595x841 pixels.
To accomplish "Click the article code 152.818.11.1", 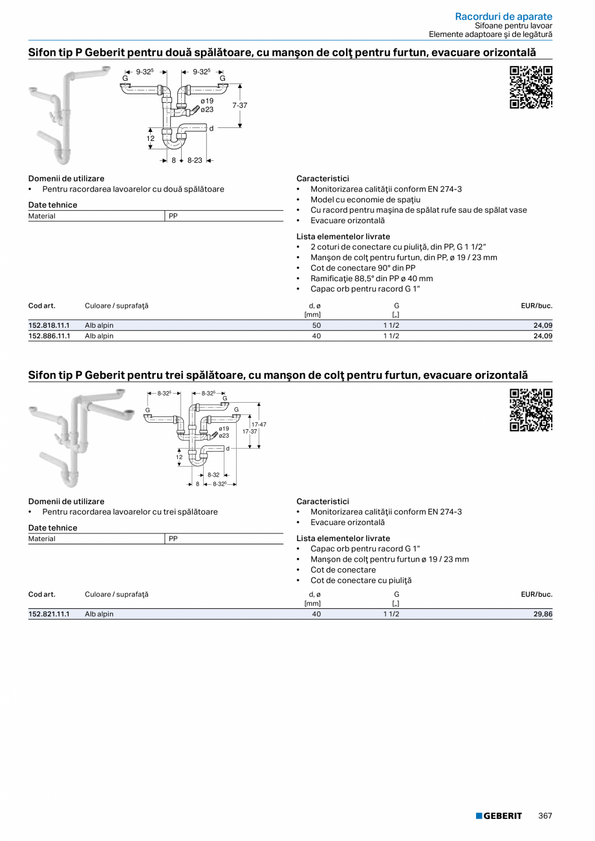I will (x=49, y=326).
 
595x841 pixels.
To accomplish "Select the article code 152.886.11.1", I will (x=49, y=336).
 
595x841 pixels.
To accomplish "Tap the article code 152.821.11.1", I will (x=49, y=614).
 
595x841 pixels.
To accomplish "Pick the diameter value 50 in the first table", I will (x=316, y=326).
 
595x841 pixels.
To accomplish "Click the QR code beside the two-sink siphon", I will (x=531, y=87).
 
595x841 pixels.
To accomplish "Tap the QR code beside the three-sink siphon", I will (x=531, y=410).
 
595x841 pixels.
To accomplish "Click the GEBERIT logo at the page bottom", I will (x=499, y=816).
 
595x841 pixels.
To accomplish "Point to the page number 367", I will (x=545, y=816).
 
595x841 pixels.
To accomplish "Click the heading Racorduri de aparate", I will (x=503, y=16).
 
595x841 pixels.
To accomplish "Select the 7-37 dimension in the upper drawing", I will (x=240, y=105).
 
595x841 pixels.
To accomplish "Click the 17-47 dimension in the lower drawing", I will (x=259, y=424).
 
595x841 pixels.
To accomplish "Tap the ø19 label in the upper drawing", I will (x=207, y=101).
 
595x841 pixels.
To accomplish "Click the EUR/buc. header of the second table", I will (x=536, y=595).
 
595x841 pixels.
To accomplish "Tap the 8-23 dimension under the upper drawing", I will (x=195, y=160).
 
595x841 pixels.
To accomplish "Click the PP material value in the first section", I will (x=173, y=217).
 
